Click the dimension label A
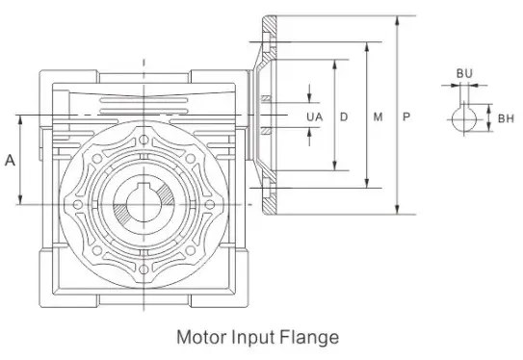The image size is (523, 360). [x=10, y=161]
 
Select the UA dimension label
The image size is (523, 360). [x=314, y=116]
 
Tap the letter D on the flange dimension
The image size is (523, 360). [x=344, y=116]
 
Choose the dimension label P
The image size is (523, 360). [x=407, y=116]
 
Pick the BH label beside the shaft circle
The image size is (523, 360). [x=506, y=118]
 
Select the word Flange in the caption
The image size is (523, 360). [x=307, y=337]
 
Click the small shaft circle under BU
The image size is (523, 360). [x=464, y=118]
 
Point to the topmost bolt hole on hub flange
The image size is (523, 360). [x=144, y=140]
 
